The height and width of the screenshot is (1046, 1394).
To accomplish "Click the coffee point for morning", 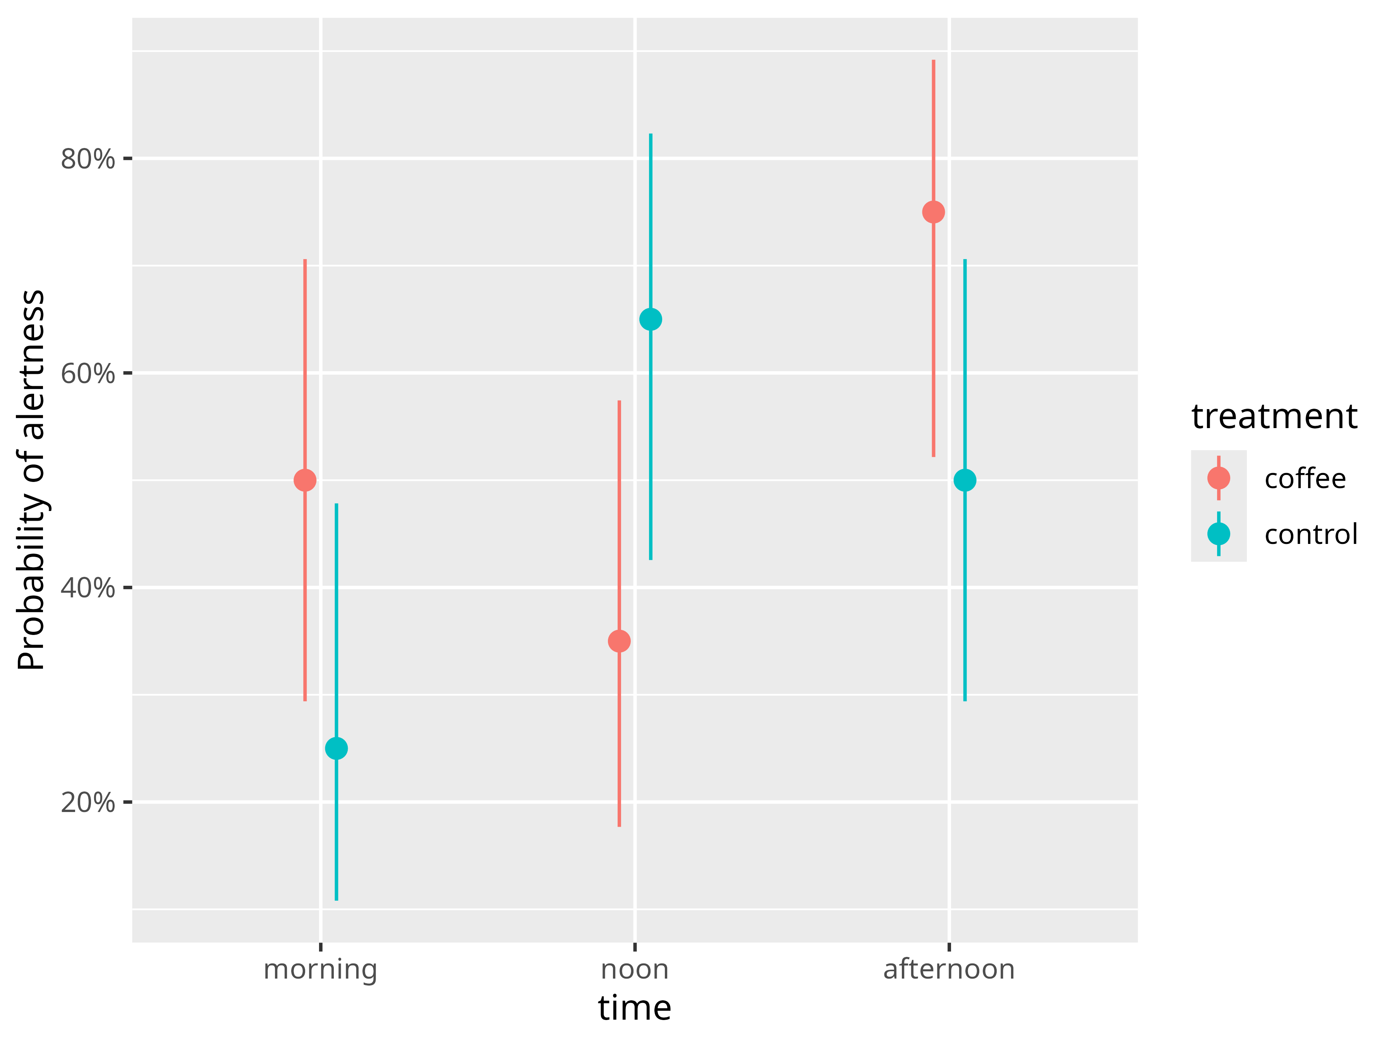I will [305, 480].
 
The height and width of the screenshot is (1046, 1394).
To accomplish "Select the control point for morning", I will [336, 748].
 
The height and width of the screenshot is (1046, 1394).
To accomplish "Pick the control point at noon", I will [651, 320].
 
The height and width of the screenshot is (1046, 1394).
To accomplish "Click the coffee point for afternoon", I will [933, 212].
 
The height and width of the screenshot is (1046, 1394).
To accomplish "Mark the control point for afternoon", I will [965, 480].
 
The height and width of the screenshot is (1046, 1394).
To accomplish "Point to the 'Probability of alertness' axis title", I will [31, 480].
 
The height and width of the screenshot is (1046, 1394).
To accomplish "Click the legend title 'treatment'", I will [1274, 417].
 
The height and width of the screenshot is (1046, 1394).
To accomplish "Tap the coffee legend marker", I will [1219, 478].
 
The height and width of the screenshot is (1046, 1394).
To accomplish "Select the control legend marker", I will [1219, 534].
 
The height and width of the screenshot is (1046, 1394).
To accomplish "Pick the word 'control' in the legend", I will [1311, 535].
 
